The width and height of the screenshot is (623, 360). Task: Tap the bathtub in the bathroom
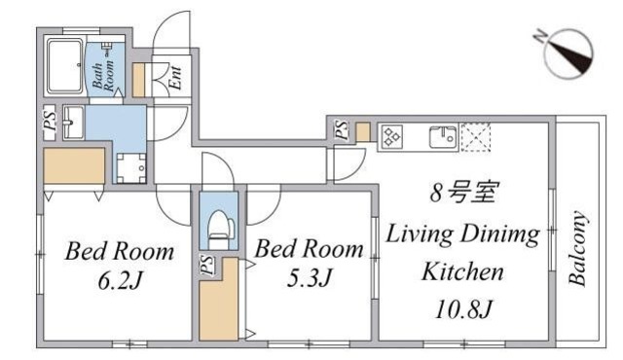pos(64,68)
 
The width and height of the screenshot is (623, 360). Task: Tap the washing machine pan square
pos(130,166)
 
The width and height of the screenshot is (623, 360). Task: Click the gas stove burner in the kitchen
pos(391,137)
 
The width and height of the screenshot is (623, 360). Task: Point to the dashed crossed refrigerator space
pos(477,136)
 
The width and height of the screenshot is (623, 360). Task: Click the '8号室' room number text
pos(463,193)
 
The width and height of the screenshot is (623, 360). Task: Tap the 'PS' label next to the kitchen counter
pos(342,129)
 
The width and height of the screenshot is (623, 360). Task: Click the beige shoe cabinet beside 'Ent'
pos(139,80)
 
